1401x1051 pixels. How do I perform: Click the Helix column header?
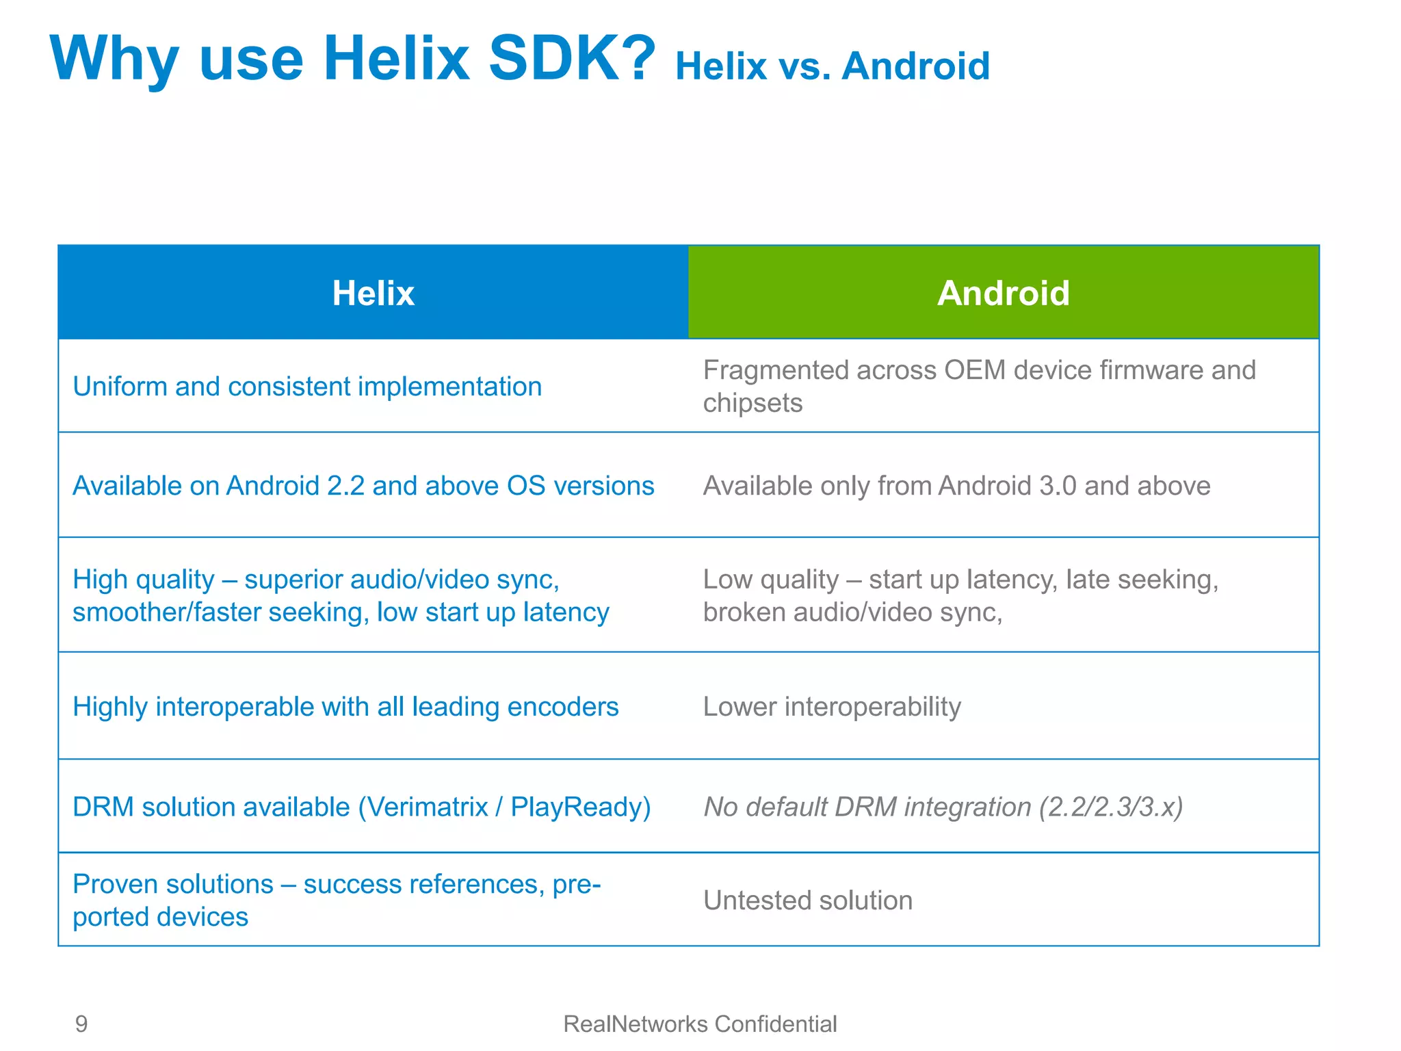coord(374,293)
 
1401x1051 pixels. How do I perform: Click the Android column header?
coord(1003,293)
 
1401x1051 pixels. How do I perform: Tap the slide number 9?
coord(81,1024)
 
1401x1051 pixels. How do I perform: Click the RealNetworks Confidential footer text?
coord(700,1024)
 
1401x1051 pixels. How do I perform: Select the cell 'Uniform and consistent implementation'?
coord(307,387)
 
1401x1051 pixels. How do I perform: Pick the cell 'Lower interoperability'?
coord(832,707)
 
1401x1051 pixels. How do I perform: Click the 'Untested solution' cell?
coord(808,900)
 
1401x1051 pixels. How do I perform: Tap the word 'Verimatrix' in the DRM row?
coord(423,807)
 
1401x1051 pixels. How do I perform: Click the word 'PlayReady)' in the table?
coord(581,807)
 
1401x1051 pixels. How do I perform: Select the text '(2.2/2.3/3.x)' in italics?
coord(1111,807)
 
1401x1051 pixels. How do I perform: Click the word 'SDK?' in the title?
coord(572,59)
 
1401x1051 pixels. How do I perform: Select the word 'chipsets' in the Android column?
coord(752,403)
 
